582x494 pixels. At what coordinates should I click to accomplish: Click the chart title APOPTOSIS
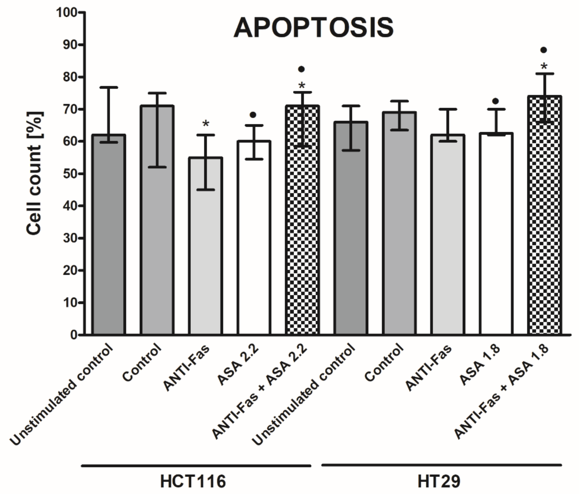pos(314,28)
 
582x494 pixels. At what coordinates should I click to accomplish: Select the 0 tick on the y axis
pos(73,335)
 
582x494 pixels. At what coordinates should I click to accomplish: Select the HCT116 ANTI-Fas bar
pos(206,247)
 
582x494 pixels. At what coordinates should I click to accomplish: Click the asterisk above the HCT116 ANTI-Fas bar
pos(206,123)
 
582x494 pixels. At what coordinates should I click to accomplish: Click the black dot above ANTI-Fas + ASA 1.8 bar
pos(544,50)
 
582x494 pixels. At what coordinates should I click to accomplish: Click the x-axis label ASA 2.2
pos(238,367)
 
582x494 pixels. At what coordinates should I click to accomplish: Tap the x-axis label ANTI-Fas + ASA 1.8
pos(501,392)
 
